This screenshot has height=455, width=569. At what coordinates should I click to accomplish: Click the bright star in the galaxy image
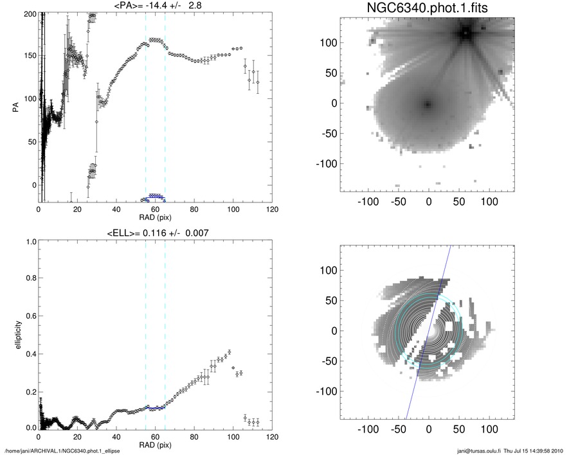pos(465,33)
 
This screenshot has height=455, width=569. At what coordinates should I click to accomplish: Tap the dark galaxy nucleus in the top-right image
pos(427,103)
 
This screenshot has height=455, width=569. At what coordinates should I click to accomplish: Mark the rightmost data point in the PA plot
pos(258,82)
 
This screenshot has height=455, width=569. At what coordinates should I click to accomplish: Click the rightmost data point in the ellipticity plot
pos(258,422)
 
